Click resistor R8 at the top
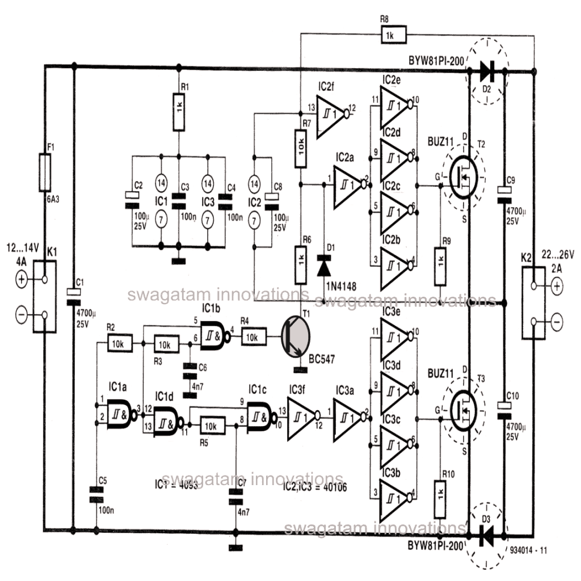click(x=389, y=35)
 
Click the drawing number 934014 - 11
click(x=528, y=550)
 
